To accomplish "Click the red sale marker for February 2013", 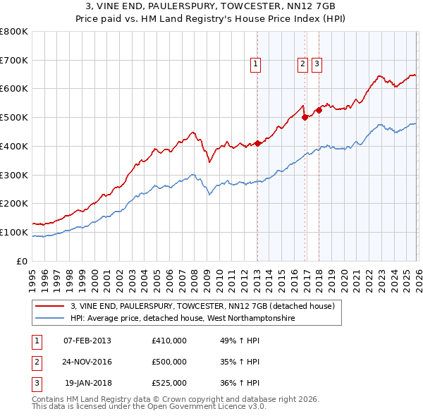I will [257, 144].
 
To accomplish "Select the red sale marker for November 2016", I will [305, 118].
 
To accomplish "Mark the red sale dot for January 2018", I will [319, 110].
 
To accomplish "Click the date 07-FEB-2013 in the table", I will [87, 341].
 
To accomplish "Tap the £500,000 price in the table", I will [169, 362].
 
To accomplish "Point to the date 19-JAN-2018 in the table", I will [87, 384].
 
